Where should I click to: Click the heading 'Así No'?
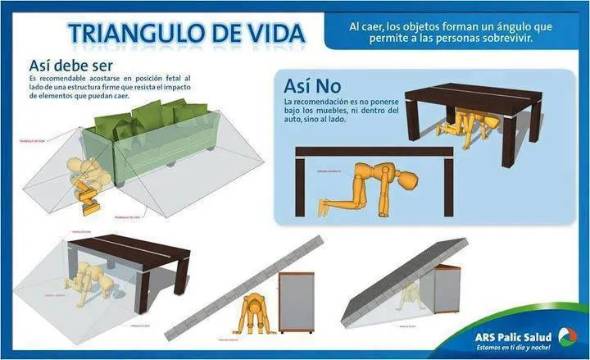312,85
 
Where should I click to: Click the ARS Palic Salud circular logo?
566,335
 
